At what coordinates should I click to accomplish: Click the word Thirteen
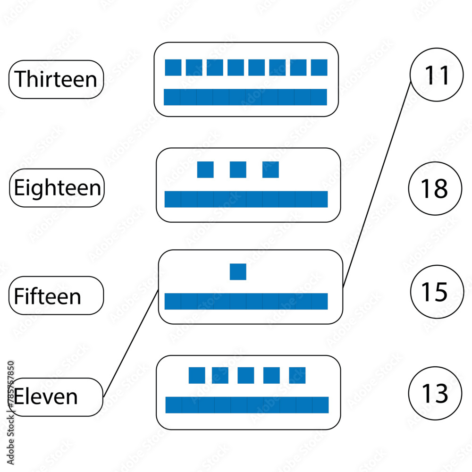(x=56, y=79)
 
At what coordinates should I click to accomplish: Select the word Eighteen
(x=57, y=188)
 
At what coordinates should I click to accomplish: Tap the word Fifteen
(x=48, y=296)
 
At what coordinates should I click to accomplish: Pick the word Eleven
(x=46, y=396)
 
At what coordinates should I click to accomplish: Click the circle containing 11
(x=437, y=76)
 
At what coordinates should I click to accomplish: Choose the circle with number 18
(x=435, y=188)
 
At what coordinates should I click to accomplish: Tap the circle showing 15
(x=437, y=292)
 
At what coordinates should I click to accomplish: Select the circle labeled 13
(x=435, y=393)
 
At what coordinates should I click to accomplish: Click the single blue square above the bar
(x=238, y=272)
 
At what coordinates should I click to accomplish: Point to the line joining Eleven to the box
(x=131, y=343)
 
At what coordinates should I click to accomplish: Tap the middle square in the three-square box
(x=238, y=169)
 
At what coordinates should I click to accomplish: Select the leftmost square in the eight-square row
(x=173, y=67)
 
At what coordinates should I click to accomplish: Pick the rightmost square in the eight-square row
(x=319, y=67)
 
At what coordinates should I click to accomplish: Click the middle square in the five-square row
(x=245, y=375)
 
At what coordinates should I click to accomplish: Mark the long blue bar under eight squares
(x=245, y=97)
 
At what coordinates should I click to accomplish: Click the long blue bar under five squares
(x=247, y=405)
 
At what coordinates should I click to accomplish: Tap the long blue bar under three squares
(x=246, y=199)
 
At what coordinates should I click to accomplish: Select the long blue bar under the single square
(x=246, y=301)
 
